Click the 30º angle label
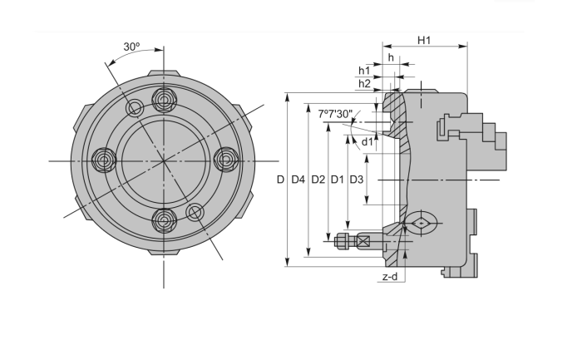coord(132,47)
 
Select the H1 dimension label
coord(424,40)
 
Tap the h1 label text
coord(364,71)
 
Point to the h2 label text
coord(364,84)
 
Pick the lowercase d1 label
coord(367,141)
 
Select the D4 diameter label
coord(298,180)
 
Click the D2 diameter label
coord(318,180)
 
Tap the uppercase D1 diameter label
coord(337,180)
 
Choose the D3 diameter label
coord(356,180)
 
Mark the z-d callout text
coord(389,276)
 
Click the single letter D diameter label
coord(280,180)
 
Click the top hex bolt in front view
coord(163,99)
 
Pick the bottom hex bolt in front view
coord(163,219)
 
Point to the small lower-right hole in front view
coord(195,211)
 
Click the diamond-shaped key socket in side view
coord(422,223)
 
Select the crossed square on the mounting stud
coord(363,242)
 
